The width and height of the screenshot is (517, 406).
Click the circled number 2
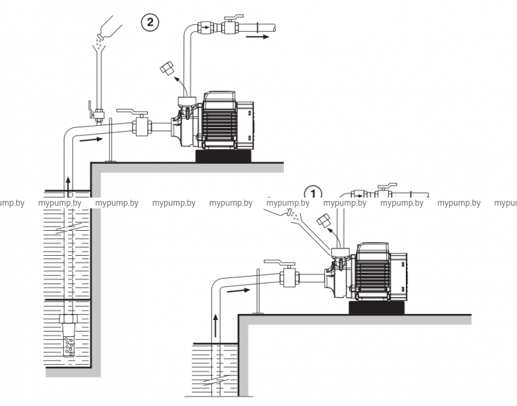[x=150, y=22]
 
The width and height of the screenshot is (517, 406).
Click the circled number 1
[x=312, y=193]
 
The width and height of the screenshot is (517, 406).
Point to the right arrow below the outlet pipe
[x=256, y=39]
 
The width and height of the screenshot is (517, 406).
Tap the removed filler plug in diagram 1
[x=323, y=221]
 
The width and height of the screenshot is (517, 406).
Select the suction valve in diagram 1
[x=290, y=276]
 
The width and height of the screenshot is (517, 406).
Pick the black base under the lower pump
[x=377, y=308]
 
